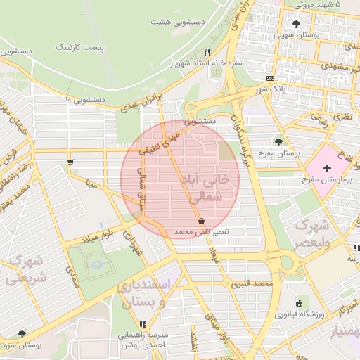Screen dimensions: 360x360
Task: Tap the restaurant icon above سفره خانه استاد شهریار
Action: pyautogui.click(x=207, y=52)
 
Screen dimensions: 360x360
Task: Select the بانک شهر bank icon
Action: pyautogui.click(x=271, y=78)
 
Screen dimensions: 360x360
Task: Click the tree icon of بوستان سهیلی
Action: pyautogui.click(x=295, y=24)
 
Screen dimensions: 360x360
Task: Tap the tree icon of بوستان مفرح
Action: pyautogui.click(x=279, y=141)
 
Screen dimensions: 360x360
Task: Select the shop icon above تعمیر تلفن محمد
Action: pyautogui.click(x=202, y=221)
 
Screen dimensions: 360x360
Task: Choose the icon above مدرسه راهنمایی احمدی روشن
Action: pyautogui.click(x=143, y=324)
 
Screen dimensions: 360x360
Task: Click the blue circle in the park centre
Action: pyautogui.click(x=96, y=264)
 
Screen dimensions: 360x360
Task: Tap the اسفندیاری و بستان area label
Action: pyautogui.click(x=153, y=295)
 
